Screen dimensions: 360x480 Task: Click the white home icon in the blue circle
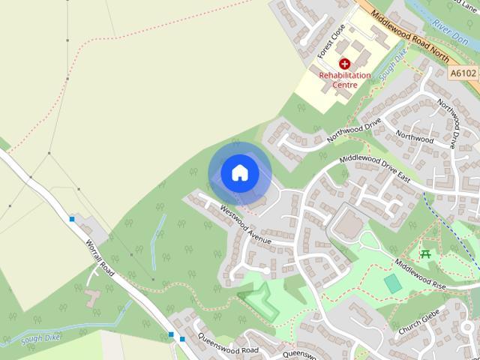239,172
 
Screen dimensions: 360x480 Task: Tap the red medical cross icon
345,64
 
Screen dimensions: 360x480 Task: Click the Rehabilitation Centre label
345,80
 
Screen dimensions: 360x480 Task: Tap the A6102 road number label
464,73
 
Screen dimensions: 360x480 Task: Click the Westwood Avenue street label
244,223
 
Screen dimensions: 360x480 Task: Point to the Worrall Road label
99,258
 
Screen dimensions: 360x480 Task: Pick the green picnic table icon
426,254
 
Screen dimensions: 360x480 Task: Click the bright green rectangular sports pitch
392,284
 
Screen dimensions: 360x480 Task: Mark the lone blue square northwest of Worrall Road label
72,219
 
